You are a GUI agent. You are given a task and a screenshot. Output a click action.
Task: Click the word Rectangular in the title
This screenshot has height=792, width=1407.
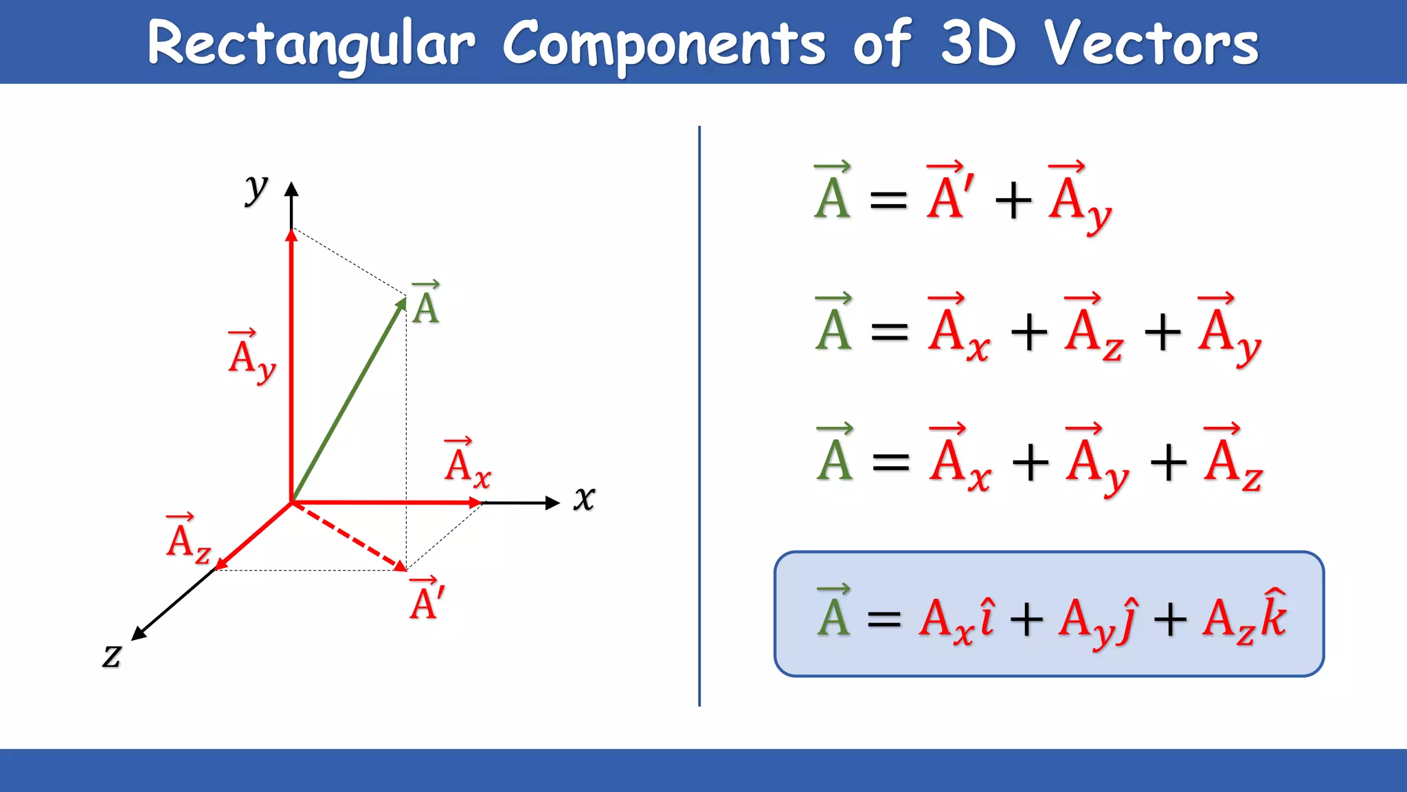click(x=311, y=44)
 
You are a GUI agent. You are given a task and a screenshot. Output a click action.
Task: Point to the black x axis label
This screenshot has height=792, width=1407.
click(x=584, y=498)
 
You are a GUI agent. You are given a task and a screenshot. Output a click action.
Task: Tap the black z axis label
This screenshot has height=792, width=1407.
click(x=112, y=654)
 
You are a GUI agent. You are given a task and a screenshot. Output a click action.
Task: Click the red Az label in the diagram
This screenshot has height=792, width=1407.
click(x=188, y=540)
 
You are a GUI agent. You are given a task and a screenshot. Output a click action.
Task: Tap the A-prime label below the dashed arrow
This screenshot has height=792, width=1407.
click(x=427, y=599)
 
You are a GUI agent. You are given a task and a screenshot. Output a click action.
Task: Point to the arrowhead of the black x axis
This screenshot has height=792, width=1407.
click(x=553, y=503)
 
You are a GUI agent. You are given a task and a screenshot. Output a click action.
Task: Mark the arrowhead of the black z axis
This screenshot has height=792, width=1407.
click(x=137, y=635)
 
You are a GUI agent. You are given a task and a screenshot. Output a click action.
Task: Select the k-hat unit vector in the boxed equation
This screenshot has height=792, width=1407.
click(x=1274, y=614)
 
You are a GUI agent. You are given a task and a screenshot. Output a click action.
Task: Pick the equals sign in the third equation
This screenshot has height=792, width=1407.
click(x=890, y=461)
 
